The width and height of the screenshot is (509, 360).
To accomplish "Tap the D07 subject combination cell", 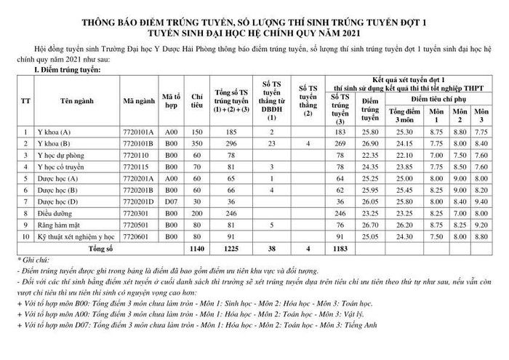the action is (x=171, y=201).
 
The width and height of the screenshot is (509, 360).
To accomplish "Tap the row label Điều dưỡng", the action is (x=55, y=213).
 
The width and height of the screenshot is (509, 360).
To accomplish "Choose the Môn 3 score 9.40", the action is (x=481, y=201).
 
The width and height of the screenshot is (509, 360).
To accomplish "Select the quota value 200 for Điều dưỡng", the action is (x=196, y=213).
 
